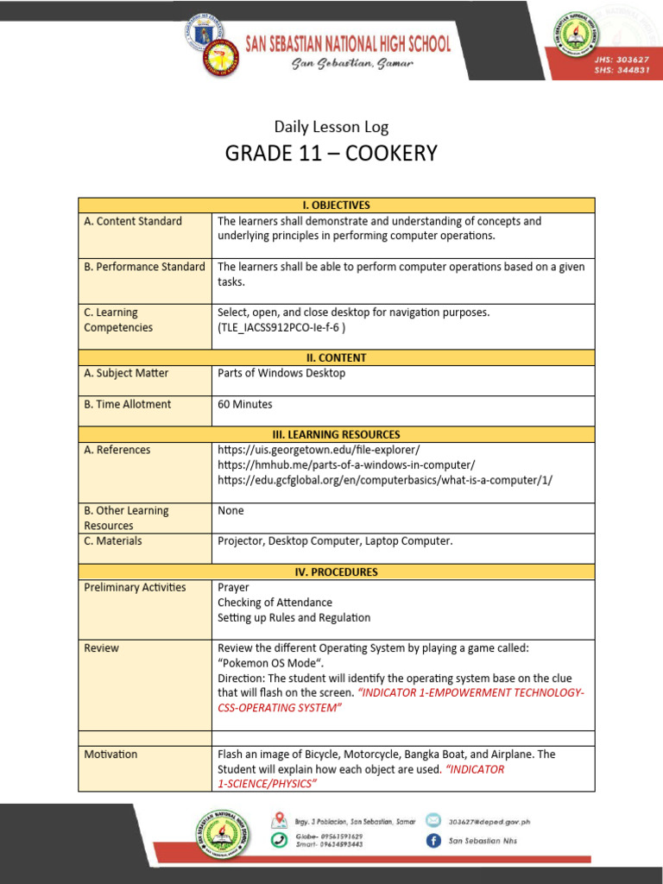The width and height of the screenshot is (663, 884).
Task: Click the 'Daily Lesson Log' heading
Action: [x=331, y=127]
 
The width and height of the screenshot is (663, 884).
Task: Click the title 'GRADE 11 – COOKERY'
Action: [x=331, y=154]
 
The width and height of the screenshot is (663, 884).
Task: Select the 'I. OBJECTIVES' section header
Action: [x=336, y=205]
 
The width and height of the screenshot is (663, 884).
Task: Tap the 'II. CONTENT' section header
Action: [x=336, y=357]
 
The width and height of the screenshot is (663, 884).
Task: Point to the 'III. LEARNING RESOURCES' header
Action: [x=336, y=434]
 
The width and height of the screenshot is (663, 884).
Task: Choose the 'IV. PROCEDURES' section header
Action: [x=336, y=571]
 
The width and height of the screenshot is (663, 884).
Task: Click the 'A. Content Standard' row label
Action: [x=133, y=221]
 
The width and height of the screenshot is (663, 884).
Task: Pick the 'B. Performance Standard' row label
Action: [x=144, y=267]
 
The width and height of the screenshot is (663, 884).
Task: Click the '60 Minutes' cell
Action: [x=244, y=404]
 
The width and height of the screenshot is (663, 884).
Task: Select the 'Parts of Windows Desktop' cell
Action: [x=281, y=373]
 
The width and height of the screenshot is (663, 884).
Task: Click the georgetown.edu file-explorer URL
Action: [x=319, y=450]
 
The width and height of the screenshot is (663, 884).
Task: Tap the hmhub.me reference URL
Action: [x=346, y=464]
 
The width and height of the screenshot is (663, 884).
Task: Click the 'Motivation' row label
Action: [x=110, y=754]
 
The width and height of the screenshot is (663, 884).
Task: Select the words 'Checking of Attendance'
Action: [x=275, y=603]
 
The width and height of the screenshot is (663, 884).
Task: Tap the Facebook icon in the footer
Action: [x=432, y=841]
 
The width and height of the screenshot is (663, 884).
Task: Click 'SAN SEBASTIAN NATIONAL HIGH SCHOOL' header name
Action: [x=348, y=44]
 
